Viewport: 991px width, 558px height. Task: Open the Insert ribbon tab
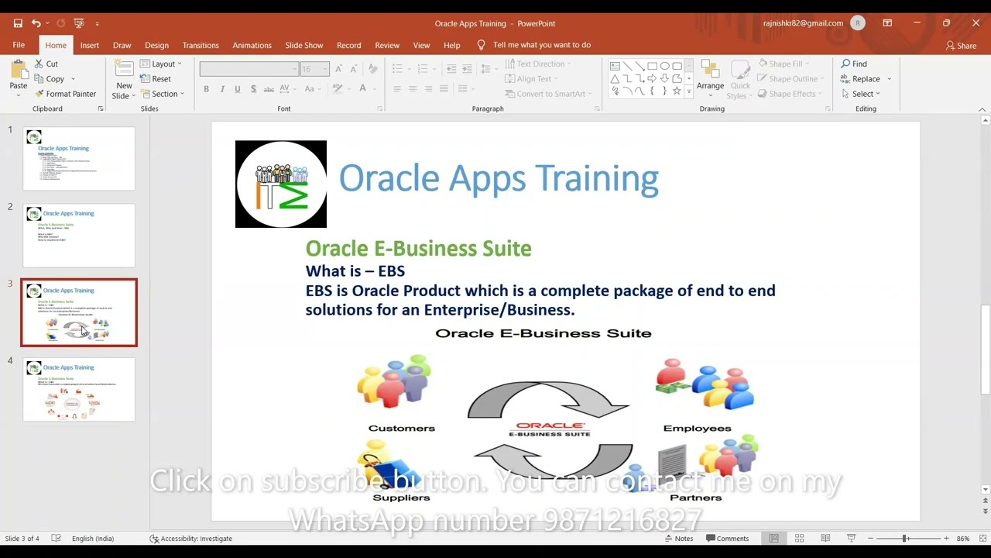(x=89, y=45)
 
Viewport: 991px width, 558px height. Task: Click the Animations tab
(x=252, y=45)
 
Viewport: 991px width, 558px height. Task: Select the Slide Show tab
(x=303, y=45)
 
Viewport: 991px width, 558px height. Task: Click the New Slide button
(x=124, y=81)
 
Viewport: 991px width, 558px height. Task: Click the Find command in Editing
(x=855, y=64)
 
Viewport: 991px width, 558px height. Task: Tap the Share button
(x=962, y=46)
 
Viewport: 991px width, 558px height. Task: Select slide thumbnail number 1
(x=79, y=159)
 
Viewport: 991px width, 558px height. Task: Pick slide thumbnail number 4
(x=79, y=390)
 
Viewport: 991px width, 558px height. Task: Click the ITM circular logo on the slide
(x=281, y=184)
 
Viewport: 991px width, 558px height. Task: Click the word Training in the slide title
(x=597, y=178)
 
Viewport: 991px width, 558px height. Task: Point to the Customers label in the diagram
(x=402, y=428)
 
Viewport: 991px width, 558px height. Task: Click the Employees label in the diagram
(x=697, y=428)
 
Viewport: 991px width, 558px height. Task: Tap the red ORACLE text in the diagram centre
(x=549, y=425)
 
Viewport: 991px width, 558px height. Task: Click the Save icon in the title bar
(x=18, y=23)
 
